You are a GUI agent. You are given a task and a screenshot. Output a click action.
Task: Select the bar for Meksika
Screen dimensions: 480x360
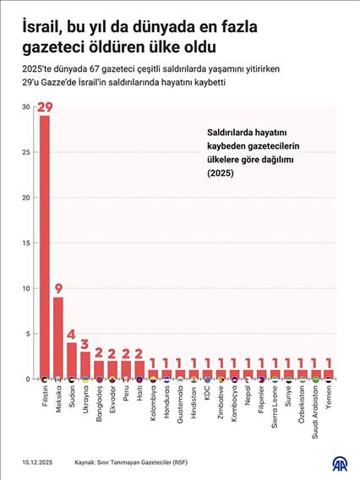(58, 337)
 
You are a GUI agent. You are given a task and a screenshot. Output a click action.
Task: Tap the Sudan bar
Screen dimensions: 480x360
(72, 360)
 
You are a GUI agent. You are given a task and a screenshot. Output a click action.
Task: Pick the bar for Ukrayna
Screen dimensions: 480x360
(85, 364)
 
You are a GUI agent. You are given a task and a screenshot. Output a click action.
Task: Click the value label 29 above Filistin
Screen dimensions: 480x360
(45, 107)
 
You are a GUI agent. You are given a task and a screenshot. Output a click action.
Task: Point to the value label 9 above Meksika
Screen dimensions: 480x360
(58, 288)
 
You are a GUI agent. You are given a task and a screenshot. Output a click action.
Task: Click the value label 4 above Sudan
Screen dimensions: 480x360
(72, 334)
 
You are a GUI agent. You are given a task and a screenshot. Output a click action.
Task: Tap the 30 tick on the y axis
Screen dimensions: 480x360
(27, 107)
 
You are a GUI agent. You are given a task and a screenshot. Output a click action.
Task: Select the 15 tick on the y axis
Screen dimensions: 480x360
(27, 243)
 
